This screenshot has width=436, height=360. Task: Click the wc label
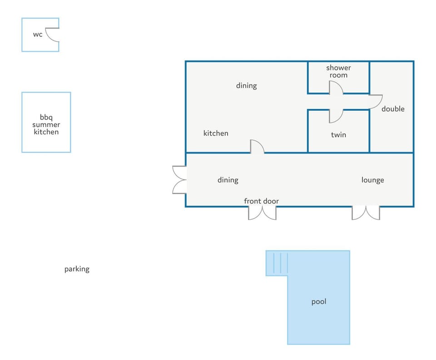tap(38, 35)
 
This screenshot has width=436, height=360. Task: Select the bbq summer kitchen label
tap(46, 124)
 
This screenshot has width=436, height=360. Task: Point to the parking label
tap(77, 269)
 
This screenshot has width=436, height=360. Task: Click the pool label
tap(319, 301)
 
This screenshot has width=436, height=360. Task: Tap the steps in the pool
tap(281, 263)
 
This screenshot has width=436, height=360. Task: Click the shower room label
tap(338, 71)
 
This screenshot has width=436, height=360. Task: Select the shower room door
tap(336, 88)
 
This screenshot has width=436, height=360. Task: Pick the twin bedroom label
tap(338, 135)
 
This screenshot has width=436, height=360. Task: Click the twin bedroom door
tap(336, 116)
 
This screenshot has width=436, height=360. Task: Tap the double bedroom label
tap(393, 108)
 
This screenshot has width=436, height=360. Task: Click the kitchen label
tap(216, 133)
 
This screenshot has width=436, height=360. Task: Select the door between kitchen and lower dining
tap(257, 146)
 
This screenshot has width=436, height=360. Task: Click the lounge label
tap(372, 180)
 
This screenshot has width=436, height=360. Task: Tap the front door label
tap(261, 201)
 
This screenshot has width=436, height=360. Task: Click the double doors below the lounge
tap(366, 213)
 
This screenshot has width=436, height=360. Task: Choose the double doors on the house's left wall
tap(179, 180)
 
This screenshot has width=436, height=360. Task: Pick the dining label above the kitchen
tap(246, 86)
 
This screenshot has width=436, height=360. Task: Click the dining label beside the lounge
tap(228, 180)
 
